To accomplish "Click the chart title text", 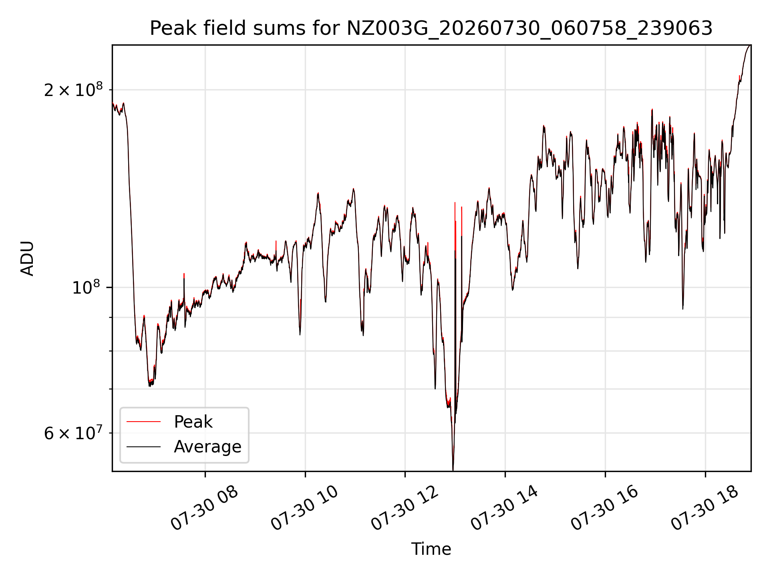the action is tap(431, 28).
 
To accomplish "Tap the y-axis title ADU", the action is tap(27, 258).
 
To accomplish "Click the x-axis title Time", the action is tap(431, 549).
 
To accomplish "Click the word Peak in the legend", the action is tap(193, 422).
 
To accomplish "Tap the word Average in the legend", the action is tap(207, 446).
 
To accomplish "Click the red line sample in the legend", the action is tap(143, 422).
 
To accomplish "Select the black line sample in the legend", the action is tap(143, 446).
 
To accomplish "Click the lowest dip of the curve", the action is tap(453, 470).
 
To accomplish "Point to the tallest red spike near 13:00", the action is tap(455, 203).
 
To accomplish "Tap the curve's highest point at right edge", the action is tap(750, 46).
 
